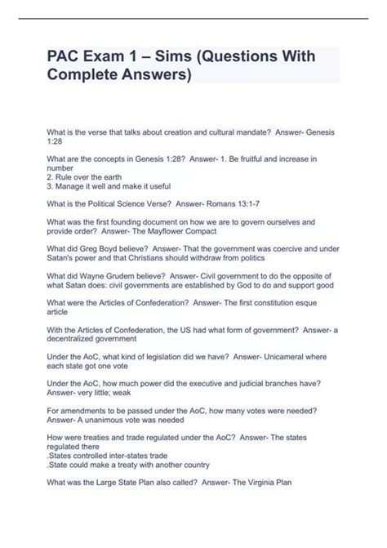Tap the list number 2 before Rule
(51, 175)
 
